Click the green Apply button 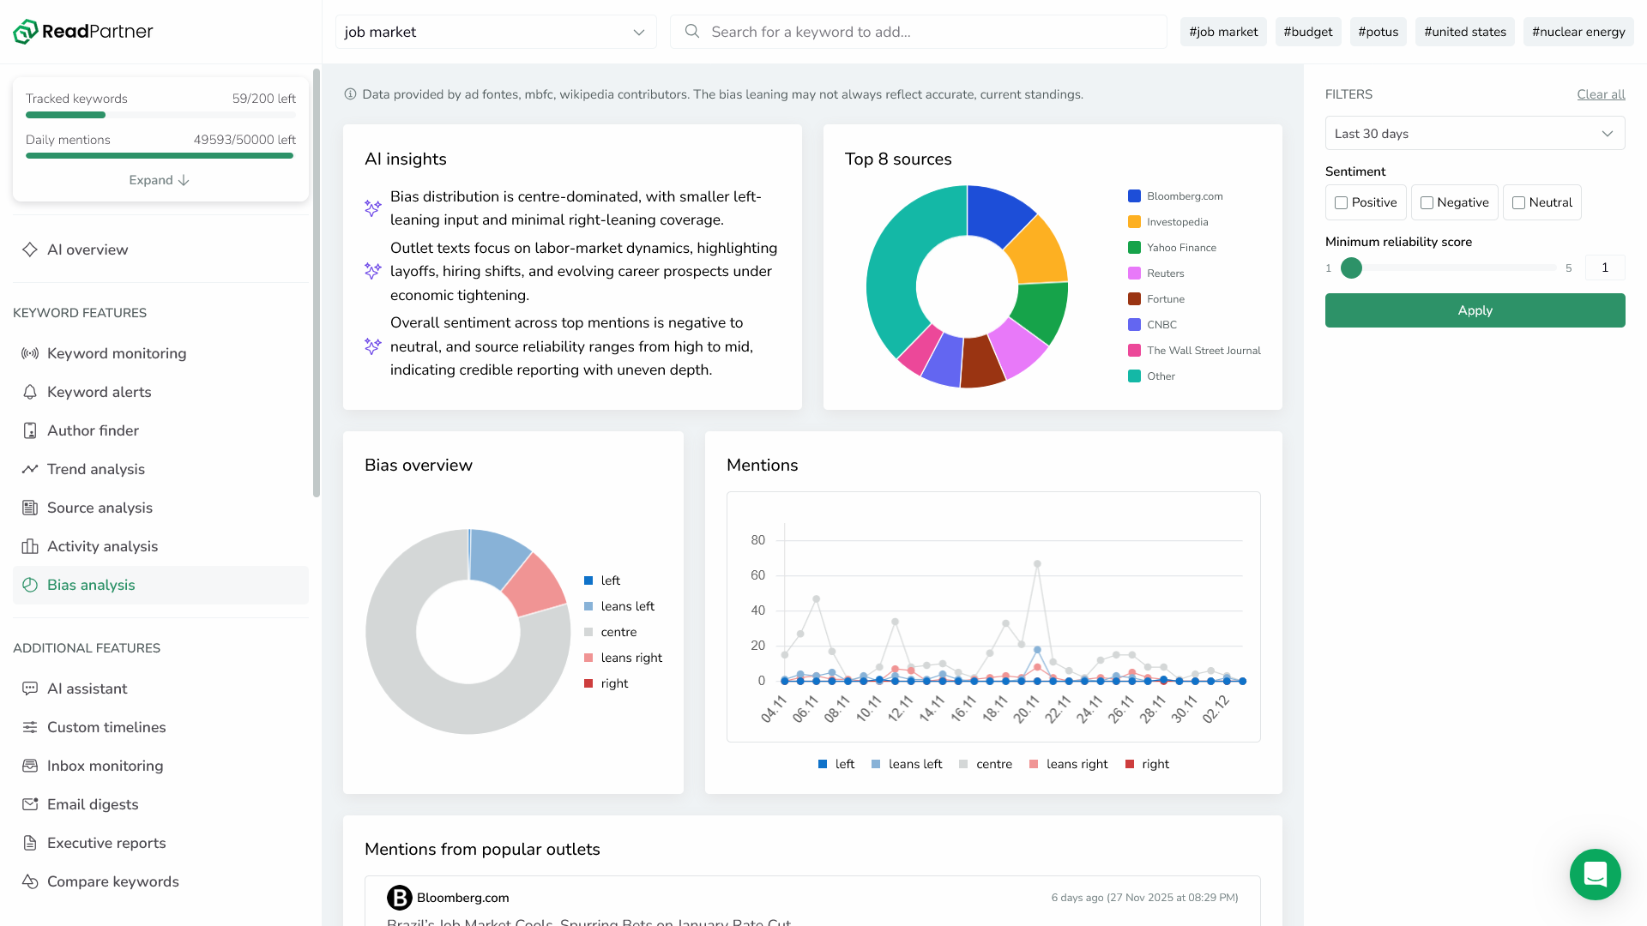pyautogui.click(x=1475, y=310)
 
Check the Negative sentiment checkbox pyautogui.click(x=1427, y=203)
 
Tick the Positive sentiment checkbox pyautogui.click(x=1341, y=203)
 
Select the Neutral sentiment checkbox pyautogui.click(x=1518, y=203)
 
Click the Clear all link pyautogui.click(x=1601, y=94)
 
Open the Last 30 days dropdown pyautogui.click(x=1475, y=134)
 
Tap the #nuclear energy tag pyautogui.click(x=1578, y=32)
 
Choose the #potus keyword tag pyautogui.click(x=1378, y=32)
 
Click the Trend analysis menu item pyautogui.click(x=96, y=469)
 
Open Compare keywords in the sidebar pyautogui.click(x=113, y=881)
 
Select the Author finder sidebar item pyautogui.click(x=93, y=430)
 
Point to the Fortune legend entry pyautogui.click(x=1165, y=299)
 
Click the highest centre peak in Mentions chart pyautogui.click(x=1037, y=564)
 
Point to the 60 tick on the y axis pyautogui.click(x=757, y=575)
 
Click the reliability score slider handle pyautogui.click(x=1351, y=268)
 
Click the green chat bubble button pyautogui.click(x=1595, y=875)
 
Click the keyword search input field pyautogui.click(x=918, y=32)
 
